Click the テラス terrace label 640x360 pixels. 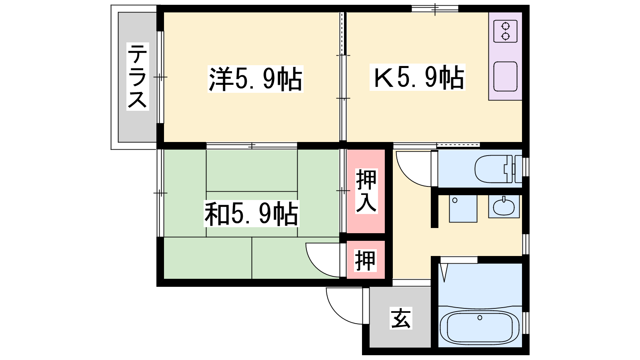[x=138, y=76]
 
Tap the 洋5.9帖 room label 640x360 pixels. [x=255, y=79]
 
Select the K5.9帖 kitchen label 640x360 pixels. [x=418, y=77]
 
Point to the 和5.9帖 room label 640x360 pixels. [x=252, y=214]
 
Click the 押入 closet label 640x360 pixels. [x=366, y=191]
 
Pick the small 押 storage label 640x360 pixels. [x=366, y=260]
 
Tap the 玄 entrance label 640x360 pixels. [x=401, y=318]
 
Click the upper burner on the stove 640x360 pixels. [x=506, y=26]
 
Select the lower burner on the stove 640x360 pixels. [x=506, y=36]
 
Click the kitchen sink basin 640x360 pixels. [x=505, y=76]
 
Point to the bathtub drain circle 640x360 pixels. [x=480, y=318]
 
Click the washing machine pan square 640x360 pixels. [x=463, y=208]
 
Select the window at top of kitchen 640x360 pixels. [x=435, y=8]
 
